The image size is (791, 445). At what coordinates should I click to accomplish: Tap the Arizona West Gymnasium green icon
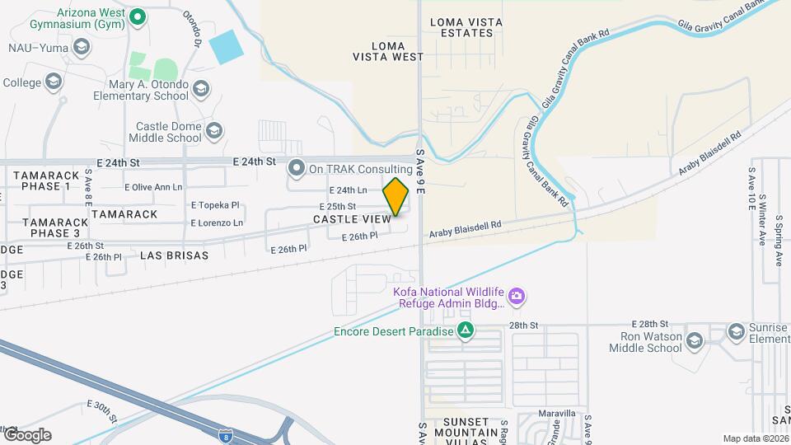138,15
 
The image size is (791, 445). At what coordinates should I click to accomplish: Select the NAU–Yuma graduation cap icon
81,48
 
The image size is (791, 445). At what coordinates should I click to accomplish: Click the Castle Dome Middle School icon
214,130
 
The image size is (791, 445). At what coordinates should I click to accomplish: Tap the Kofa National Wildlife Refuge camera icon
517,295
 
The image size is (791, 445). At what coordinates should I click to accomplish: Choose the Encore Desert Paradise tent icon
466,331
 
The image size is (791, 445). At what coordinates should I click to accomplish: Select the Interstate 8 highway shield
225,433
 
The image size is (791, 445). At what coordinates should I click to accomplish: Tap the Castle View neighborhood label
352,219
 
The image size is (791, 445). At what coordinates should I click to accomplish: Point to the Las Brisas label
174,255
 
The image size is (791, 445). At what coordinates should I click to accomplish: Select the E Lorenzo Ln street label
217,222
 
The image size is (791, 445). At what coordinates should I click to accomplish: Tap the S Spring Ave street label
777,240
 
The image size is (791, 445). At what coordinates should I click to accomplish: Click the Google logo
26,435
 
